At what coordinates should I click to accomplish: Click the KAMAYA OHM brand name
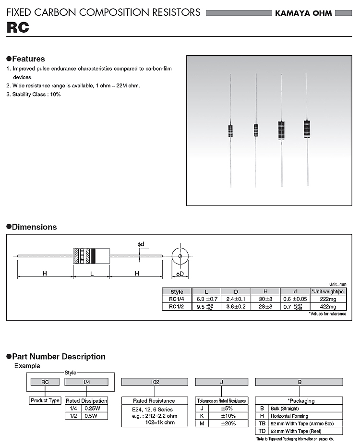pos(303,13)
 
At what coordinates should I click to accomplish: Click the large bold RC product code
pos(18,28)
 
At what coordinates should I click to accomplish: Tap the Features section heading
pos(28,59)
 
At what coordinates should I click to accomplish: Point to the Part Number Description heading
pos(58,357)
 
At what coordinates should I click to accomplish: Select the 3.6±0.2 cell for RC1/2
pos(236,306)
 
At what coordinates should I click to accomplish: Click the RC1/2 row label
pos(177,306)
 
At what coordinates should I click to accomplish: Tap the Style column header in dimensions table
pos(177,291)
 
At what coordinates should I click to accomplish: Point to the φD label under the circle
pos(180,274)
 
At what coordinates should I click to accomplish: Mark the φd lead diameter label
pos(141,244)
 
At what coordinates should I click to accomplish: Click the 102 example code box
pos(155,382)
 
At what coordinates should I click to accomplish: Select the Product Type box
pos(45,400)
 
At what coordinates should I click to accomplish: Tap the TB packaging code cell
pos(262,423)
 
